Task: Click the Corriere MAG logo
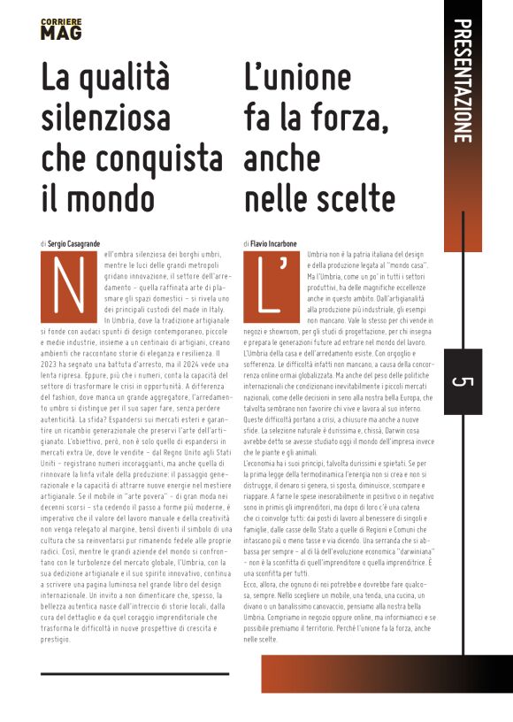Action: click(61, 28)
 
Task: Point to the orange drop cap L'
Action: click(272, 282)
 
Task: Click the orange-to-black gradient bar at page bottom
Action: click(371, 674)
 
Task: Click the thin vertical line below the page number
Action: click(463, 531)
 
